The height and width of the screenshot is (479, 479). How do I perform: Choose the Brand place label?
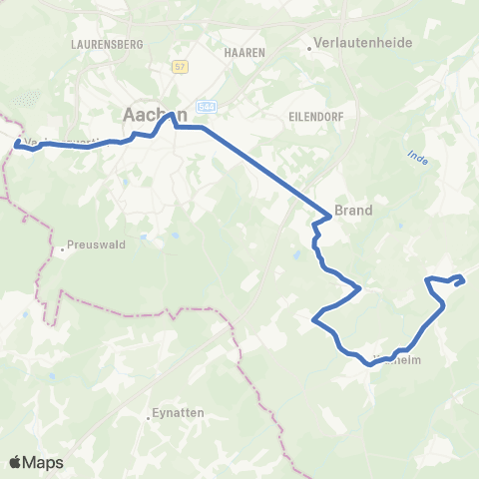click(x=353, y=211)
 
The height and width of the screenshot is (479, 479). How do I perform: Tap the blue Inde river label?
click(x=417, y=158)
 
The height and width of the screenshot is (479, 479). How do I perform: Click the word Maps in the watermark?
click(x=44, y=462)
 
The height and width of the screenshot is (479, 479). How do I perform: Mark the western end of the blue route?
click(x=17, y=144)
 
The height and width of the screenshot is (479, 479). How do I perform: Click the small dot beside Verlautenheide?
click(x=309, y=45)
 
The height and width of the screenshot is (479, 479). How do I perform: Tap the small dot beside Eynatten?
click(x=146, y=413)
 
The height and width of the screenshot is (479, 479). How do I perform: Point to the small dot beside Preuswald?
click(x=62, y=249)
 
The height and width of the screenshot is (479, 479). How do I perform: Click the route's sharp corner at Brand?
click(x=329, y=217)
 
